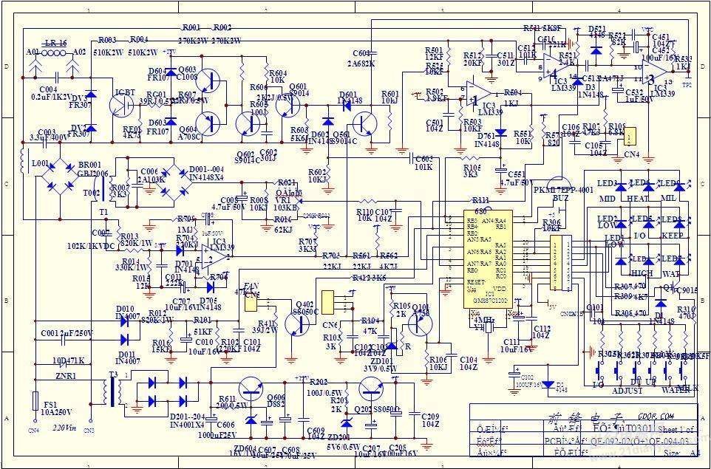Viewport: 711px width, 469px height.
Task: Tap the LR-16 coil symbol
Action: pos(53,53)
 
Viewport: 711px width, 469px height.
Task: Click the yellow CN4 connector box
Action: pos(630,137)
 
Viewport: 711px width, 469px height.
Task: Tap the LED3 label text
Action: pos(608,182)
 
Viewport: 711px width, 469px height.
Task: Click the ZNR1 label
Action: pos(65,376)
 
